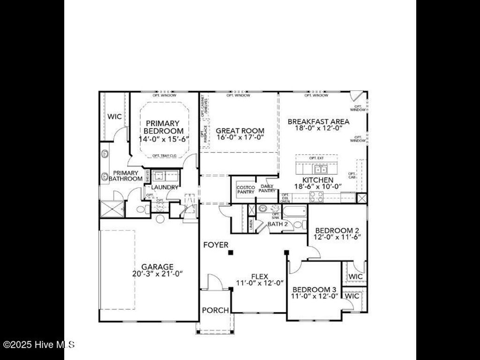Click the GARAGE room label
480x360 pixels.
coord(149,267)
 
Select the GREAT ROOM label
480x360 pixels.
coord(240,131)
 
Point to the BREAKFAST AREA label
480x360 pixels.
coord(318,121)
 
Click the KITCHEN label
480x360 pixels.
coord(318,180)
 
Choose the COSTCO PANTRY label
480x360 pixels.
coord(246,189)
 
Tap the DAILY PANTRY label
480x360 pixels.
coord(267,188)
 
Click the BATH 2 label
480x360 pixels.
coord(277,224)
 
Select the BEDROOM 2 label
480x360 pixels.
coord(337,231)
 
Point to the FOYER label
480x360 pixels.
coord(216,245)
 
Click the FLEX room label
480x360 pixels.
coord(259,277)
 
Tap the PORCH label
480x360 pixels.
coord(215,310)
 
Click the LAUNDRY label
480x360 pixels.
coord(165,187)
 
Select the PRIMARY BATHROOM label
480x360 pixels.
coord(126,176)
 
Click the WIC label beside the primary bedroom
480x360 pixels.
coord(114,116)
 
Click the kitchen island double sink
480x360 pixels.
coord(321,169)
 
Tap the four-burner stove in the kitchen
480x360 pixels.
coord(316,197)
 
